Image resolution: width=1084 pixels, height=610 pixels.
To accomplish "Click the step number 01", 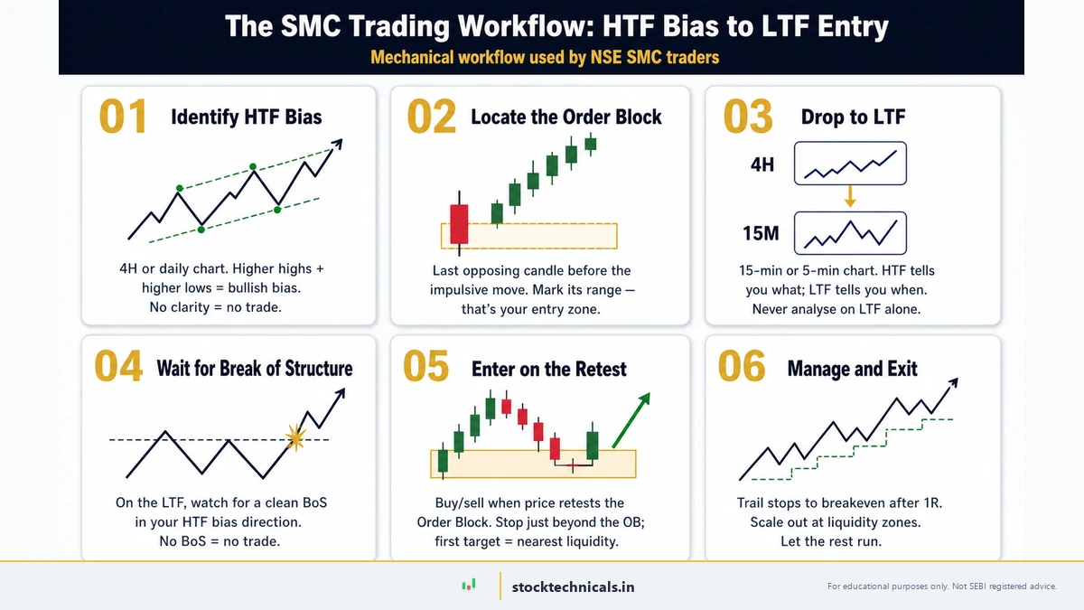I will [122, 117].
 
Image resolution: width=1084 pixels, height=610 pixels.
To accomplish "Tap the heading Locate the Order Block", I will [566, 117].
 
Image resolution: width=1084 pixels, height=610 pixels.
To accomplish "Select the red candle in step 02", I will [459, 223].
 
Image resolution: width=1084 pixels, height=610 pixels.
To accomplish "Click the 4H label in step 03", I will [762, 165].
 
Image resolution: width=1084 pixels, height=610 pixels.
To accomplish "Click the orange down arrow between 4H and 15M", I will [850, 197].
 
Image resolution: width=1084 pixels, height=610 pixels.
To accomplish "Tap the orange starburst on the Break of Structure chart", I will [294, 438].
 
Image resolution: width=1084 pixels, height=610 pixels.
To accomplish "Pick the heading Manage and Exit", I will [852, 369].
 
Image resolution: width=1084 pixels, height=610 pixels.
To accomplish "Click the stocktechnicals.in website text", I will [573, 587].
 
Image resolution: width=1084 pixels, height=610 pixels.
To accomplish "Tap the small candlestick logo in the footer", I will [468, 586].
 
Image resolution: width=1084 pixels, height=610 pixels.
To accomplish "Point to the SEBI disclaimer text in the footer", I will [941, 587].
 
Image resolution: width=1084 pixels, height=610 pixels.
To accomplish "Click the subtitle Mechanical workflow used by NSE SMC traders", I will [545, 58].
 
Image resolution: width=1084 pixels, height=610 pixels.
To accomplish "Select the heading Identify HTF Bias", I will [246, 117].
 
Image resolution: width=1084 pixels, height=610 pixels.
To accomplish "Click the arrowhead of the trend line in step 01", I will [338, 144].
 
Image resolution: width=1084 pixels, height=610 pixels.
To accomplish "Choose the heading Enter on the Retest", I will [549, 369].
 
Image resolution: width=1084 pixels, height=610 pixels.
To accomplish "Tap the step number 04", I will [118, 368].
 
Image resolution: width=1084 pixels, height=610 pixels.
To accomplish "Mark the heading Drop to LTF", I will [853, 117].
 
